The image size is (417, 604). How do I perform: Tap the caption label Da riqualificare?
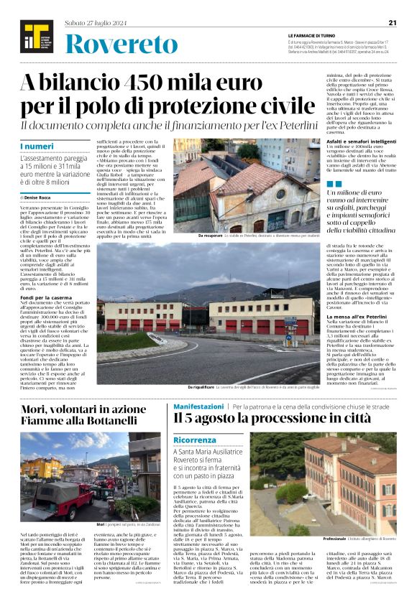pos(190,387)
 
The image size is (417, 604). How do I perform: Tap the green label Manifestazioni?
pos(198,406)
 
